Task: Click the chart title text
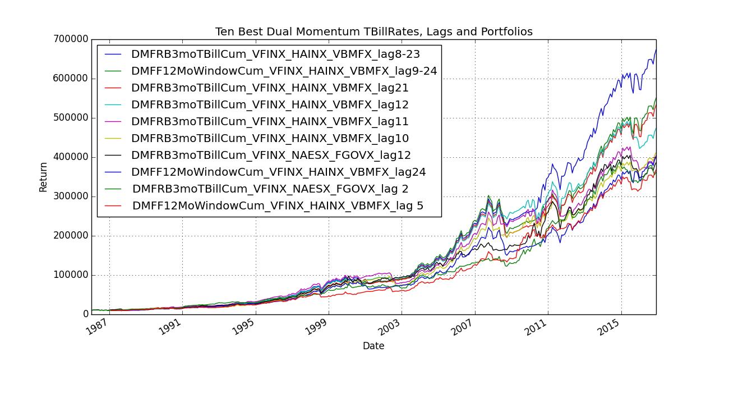tap(373, 32)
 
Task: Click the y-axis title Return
tap(43, 177)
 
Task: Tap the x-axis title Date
tap(373, 346)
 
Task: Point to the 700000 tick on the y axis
tap(70, 39)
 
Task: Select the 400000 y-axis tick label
tap(70, 157)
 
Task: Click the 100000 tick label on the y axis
tap(70, 275)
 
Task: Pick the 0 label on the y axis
tap(85, 314)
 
